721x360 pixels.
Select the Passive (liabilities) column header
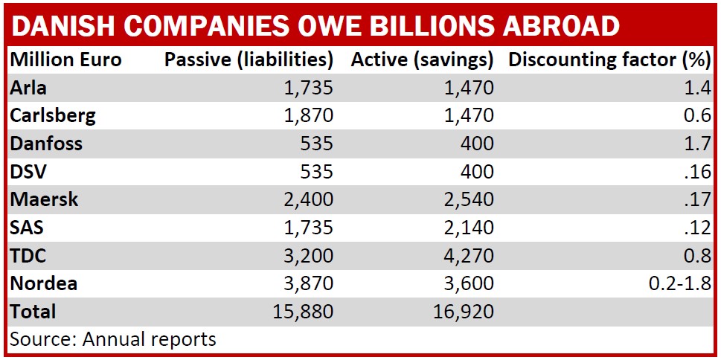click(x=249, y=60)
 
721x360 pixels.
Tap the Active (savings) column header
click(x=422, y=60)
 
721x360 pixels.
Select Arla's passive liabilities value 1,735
click(x=308, y=88)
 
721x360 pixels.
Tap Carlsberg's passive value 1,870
click(x=308, y=115)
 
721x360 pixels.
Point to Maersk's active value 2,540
click(x=466, y=199)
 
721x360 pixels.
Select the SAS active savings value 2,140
click(x=466, y=228)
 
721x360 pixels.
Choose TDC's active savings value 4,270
click(x=466, y=255)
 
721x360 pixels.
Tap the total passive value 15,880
click(x=303, y=311)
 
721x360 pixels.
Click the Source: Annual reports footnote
click(x=113, y=339)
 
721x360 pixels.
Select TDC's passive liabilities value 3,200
click(x=308, y=255)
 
